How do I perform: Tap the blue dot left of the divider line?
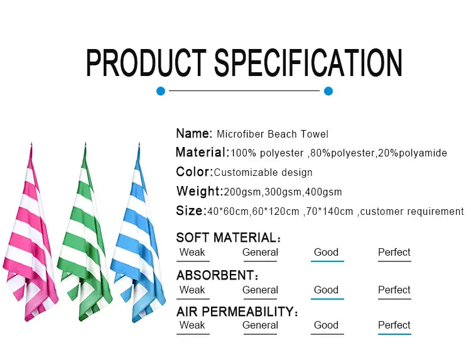(x=161, y=91)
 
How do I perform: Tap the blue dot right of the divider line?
(x=328, y=91)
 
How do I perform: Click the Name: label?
(x=194, y=133)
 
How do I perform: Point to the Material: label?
(x=202, y=152)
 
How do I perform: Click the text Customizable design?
(x=263, y=173)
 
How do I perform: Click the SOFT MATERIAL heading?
(x=226, y=237)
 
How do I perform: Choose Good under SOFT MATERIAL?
(x=326, y=252)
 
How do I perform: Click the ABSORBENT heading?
(x=214, y=275)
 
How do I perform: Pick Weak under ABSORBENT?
(x=192, y=290)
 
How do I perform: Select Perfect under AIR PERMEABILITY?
(x=394, y=325)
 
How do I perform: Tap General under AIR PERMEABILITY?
(x=260, y=325)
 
